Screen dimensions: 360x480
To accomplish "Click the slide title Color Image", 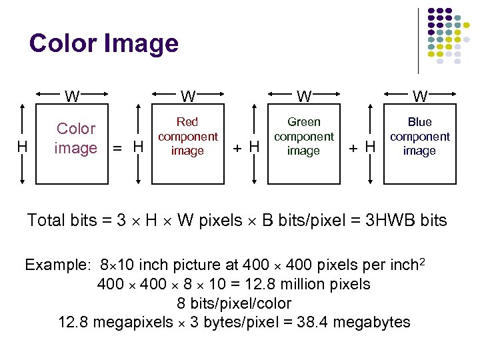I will point(104,44).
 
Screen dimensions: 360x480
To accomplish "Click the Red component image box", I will point(187,136).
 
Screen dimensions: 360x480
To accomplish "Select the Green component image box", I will point(303,136).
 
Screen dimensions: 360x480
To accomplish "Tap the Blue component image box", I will point(419,136).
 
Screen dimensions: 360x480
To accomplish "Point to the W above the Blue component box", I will point(420,97).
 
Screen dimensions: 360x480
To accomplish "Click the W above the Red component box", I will point(188,97).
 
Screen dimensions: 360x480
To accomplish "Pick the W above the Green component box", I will point(304,97).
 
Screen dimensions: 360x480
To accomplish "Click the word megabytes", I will point(371,323).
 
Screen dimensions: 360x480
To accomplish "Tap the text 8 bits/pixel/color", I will point(234,303).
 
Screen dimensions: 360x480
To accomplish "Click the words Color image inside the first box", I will point(76,138).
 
